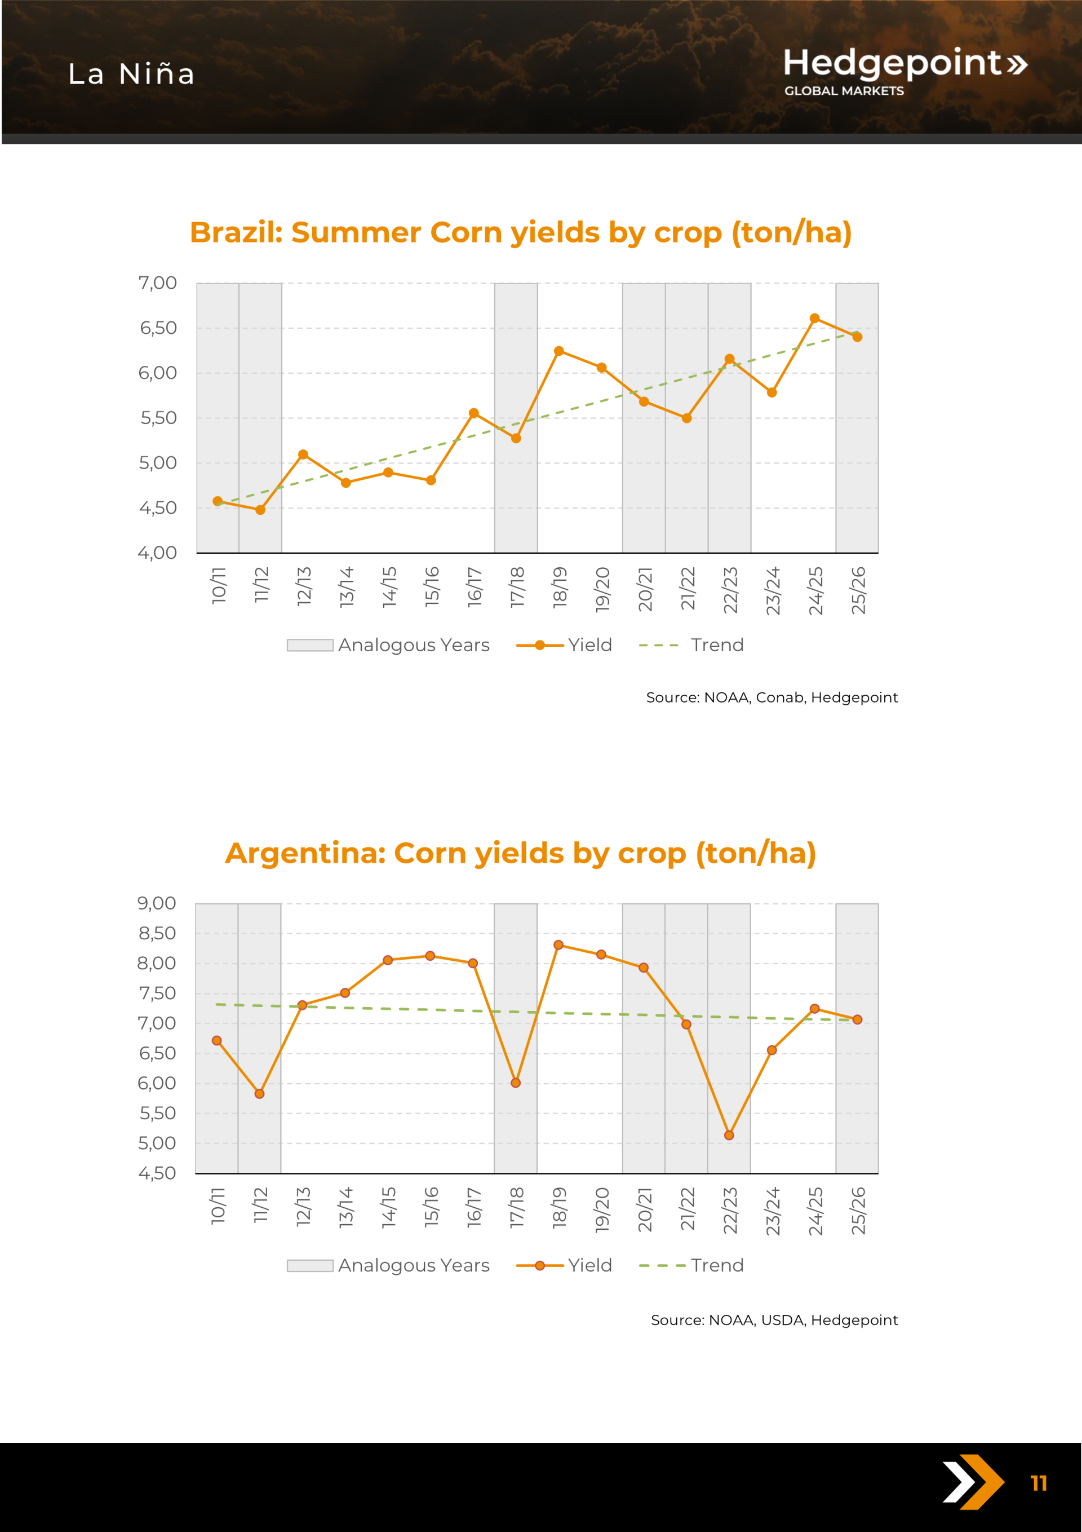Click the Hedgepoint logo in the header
(x=904, y=70)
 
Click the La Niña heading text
(x=131, y=74)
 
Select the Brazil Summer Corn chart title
(x=520, y=232)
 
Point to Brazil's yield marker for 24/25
(x=814, y=318)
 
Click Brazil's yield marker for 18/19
(x=559, y=351)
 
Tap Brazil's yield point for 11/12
(x=260, y=510)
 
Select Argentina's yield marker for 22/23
(x=729, y=1135)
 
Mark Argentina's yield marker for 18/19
(x=558, y=945)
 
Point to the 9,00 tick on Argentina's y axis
(x=157, y=903)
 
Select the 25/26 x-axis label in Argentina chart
(x=858, y=1211)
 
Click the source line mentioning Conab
(x=772, y=697)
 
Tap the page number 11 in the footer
(x=1039, y=1484)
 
